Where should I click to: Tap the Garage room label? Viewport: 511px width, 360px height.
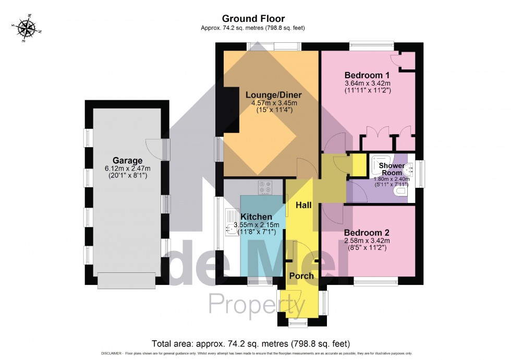point(127,160)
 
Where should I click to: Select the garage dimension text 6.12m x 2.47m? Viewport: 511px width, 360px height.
point(127,169)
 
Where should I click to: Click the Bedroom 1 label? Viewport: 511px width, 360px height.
point(367,75)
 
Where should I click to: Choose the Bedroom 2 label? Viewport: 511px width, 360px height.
point(367,232)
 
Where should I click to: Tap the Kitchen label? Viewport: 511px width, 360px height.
point(256,217)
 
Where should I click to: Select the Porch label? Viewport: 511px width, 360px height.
point(301,276)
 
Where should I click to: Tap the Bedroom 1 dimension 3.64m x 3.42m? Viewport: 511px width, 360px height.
point(367,83)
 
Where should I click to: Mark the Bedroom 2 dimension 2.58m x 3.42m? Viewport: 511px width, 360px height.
point(367,241)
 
